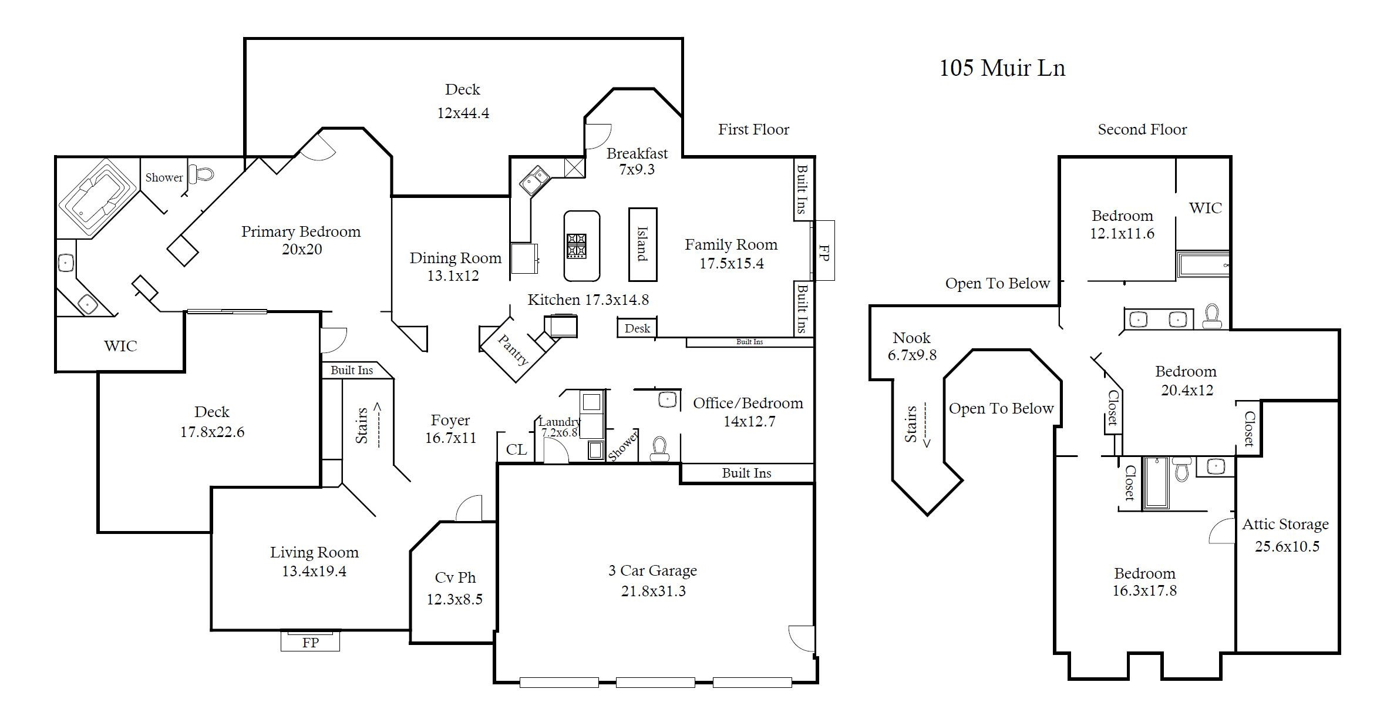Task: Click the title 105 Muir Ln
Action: [x=1002, y=68]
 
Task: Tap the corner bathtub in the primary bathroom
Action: [x=97, y=197]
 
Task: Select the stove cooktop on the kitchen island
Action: [x=576, y=246]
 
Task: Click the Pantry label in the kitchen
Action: [x=513, y=350]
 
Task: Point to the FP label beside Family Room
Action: [x=823, y=253]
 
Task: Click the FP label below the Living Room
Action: [x=310, y=643]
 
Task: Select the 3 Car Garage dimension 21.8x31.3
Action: [x=653, y=591]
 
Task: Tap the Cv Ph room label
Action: [x=455, y=577]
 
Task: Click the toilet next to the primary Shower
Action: [x=204, y=174]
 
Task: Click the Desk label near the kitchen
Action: [x=637, y=328]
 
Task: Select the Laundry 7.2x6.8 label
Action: [x=559, y=427]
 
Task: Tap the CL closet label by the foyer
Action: [x=516, y=449]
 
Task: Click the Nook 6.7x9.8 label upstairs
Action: [x=911, y=346]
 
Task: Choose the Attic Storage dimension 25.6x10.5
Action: [x=1287, y=546]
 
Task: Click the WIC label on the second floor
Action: [x=1205, y=208]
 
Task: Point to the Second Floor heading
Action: [x=1142, y=130]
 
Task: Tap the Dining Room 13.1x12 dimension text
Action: [x=453, y=275]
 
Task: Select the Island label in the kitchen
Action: [x=642, y=244]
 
